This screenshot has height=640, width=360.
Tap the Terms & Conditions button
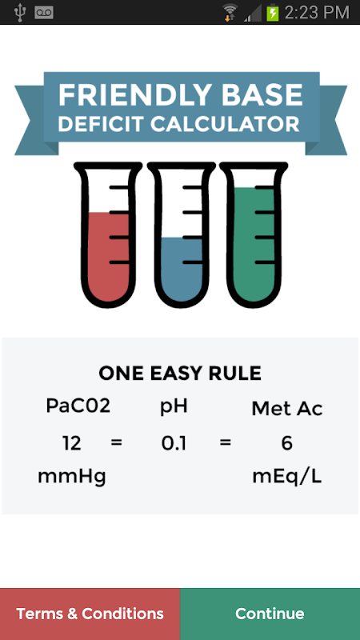[x=90, y=614]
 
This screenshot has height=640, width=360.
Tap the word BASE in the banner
[x=263, y=95]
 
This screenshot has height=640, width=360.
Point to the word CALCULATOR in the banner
[x=226, y=125]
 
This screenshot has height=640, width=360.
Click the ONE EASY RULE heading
[x=180, y=373]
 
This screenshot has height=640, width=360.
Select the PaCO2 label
[x=78, y=406]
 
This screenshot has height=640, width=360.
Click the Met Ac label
[x=287, y=409]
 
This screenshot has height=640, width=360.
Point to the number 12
[x=72, y=443]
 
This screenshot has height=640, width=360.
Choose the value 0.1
[x=174, y=444]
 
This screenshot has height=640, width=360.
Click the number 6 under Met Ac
[x=287, y=443]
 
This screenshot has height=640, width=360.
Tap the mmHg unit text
[x=72, y=477]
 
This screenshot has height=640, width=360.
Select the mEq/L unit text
[x=287, y=477]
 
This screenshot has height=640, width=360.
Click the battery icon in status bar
[x=272, y=13]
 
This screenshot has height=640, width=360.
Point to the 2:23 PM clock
[x=317, y=13]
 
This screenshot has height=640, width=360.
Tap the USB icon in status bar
[x=19, y=12]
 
